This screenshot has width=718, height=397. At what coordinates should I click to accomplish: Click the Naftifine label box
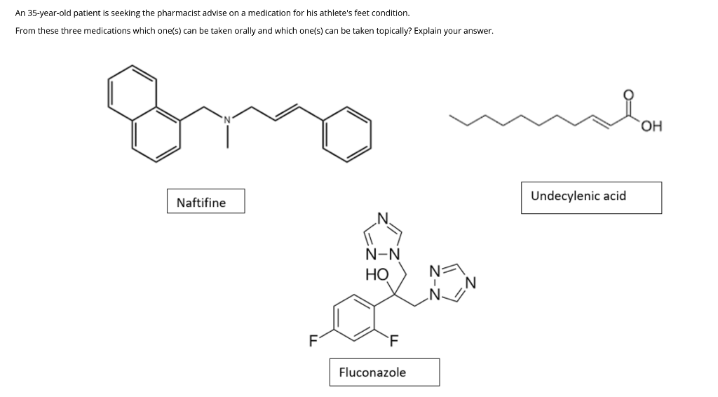[x=205, y=202]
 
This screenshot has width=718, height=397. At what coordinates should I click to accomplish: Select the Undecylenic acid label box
[x=590, y=197]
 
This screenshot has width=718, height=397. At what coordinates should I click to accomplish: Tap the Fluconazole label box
[x=384, y=372]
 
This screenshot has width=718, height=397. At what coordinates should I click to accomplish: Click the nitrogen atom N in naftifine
[x=227, y=118]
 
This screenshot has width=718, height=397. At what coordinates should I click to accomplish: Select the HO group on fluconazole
[x=377, y=274]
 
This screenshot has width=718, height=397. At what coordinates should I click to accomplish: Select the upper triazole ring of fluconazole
[x=383, y=236]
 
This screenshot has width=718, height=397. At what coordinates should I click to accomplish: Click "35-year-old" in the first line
[x=48, y=13]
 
